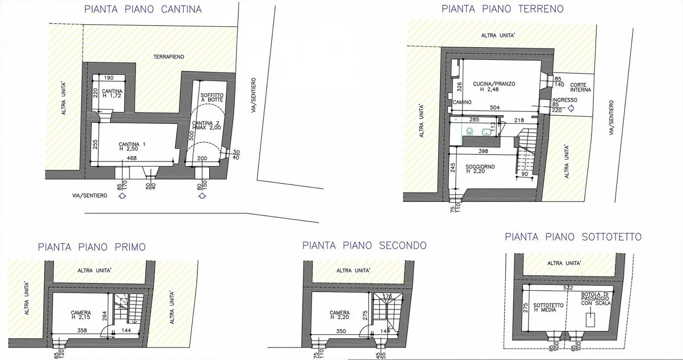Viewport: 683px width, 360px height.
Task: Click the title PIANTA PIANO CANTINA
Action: pyautogui.click(x=143, y=9)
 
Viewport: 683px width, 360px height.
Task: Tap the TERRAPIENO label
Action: pyautogui.click(x=168, y=57)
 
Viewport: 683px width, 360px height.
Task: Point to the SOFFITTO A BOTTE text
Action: pyautogui.click(x=212, y=98)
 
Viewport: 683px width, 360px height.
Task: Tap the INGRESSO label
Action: pyautogui.click(x=564, y=100)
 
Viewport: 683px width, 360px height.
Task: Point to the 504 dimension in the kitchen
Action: pyautogui.click(x=495, y=108)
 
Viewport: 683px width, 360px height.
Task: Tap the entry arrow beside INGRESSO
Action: pyautogui.click(x=572, y=109)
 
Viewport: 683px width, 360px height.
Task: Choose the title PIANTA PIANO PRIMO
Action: pyautogui.click(x=92, y=247)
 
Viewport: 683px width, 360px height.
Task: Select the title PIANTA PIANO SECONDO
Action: pyautogui.click(x=364, y=245)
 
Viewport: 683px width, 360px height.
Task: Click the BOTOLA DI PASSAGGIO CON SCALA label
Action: pyautogui.click(x=596, y=299)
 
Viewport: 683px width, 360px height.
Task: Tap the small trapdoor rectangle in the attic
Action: pyautogui.click(x=591, y=320)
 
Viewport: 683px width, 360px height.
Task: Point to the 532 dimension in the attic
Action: pyautogui.click(x=569, y=287)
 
